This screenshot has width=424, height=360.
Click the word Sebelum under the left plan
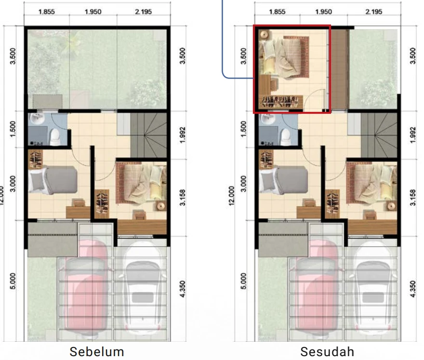coord(97,352)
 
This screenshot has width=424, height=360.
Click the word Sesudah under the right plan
coord(327,352)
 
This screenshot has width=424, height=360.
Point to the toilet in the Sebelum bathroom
coord(55,137)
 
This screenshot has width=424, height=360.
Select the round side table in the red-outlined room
coord(264,34)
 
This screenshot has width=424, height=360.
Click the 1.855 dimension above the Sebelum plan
coord(47,12)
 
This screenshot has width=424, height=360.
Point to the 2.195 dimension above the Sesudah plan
coord(374,12)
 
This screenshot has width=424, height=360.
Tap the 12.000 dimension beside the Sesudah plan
coord(232,196)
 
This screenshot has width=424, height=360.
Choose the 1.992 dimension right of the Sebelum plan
coord(183,135)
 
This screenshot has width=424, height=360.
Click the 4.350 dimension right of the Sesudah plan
coord(412,289)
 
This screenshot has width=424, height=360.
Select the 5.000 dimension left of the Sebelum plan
coord(13,281)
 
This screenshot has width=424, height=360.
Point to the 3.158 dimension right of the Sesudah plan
coord(412,198)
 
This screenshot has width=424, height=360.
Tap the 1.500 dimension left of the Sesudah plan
coord(243,129)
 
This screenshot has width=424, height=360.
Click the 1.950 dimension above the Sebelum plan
coord(93,12)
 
